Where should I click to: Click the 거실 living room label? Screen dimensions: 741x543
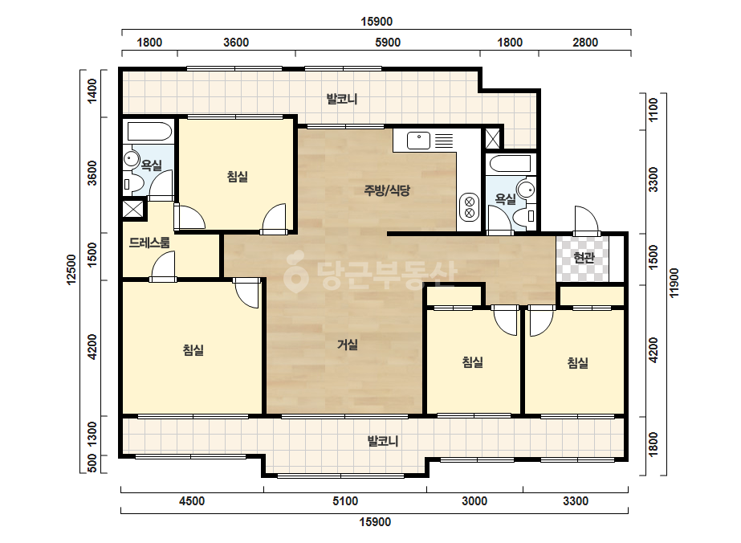coord(348,345)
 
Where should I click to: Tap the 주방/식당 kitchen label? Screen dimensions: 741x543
coord(387,190)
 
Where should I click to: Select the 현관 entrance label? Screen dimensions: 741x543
coord(584,258)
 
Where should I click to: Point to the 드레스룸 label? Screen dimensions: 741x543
coord(149,243)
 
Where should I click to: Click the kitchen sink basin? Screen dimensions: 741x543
coord(418,140)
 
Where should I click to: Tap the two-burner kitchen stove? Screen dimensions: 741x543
coord(470,207)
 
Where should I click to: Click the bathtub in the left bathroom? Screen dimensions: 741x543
coord(149,132)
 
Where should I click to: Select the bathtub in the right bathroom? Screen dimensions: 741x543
coord(511,164)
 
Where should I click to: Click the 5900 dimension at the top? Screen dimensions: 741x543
coord(388,43)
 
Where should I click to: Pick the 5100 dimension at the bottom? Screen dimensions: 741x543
coord(345,501)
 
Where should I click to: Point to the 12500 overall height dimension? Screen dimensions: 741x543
coord(71,270)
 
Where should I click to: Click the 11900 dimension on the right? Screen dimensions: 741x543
coord(674,283)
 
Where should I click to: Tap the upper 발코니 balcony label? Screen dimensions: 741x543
coord(342,100)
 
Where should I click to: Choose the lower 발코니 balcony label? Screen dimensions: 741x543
coord(383,441)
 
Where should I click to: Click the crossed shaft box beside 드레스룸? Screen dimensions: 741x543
coord(133,209)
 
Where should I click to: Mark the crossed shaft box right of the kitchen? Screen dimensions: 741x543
coord(492,138)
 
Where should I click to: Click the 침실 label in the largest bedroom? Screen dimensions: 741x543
coord(193,350)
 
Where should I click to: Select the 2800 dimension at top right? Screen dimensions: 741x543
coord(585,43)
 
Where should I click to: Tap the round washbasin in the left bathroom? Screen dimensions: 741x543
coord(132,158)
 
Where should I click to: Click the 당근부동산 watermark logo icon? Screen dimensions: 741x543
coord(295,273)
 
